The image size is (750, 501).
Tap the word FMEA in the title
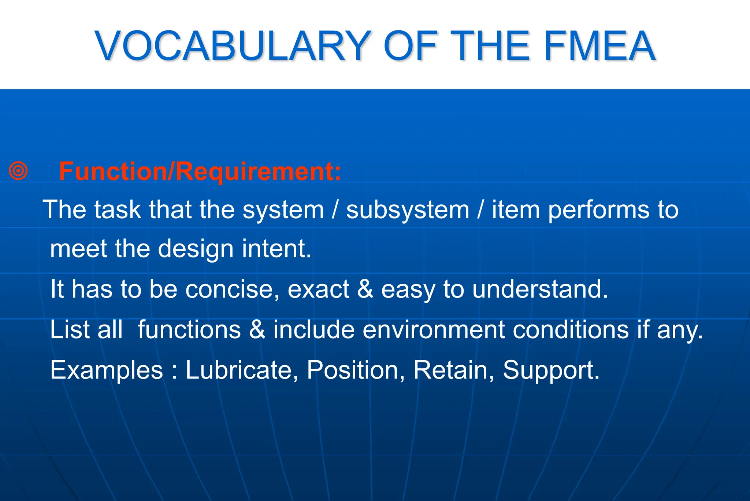click(x=599, y=46)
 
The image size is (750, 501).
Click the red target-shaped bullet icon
click(x=18, y=171)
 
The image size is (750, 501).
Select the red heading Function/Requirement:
click(x=200, y=171)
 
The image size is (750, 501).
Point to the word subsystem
click(x=408, y=210)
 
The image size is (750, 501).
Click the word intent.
click(x=276, y=249)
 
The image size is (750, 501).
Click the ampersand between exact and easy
click(x=365, y=289)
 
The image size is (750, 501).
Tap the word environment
click(x=434, y=329)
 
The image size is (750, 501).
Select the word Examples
click(x=107, y=370)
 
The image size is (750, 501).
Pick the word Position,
click(x=356, y=370)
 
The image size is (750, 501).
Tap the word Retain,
click(x=454, y=370)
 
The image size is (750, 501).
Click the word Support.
click(x=551, y=370)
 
